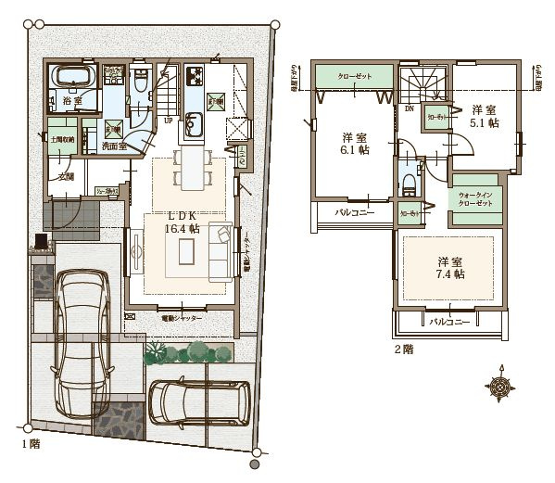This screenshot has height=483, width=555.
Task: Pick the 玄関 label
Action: coord(65,175)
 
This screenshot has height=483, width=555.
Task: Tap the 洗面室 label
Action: coord(115,146)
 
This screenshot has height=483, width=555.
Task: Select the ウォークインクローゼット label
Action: coord(477,198)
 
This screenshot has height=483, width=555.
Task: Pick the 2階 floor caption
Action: coord(403,350)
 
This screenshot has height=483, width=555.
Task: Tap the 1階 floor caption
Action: coord(31,444)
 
